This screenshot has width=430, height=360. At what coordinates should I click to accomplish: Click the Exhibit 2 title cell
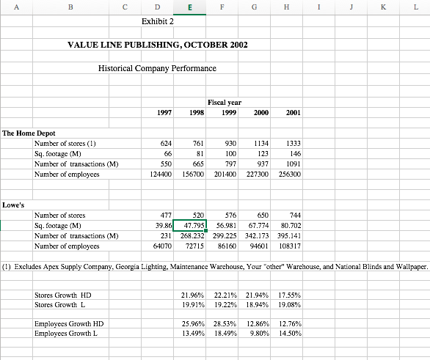[157, 21]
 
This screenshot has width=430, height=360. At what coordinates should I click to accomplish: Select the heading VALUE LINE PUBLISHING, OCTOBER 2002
[157, 45]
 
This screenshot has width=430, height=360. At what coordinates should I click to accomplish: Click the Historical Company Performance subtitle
[157, 68]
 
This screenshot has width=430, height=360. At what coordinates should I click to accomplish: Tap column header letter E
[191, 7]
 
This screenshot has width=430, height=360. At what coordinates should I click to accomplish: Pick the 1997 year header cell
[165, 112]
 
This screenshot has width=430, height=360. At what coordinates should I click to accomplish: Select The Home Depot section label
[29, 133]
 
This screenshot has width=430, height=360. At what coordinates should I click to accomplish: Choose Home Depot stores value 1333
[292, 143]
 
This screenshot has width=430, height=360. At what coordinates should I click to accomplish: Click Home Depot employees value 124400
[160, 175]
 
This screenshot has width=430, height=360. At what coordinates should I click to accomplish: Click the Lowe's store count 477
[166, 215]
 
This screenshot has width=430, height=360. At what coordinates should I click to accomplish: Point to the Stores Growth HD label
[62, 295]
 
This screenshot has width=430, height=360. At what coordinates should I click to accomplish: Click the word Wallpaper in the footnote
[409, 268]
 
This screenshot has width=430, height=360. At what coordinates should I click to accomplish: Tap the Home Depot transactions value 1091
[292, 164]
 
